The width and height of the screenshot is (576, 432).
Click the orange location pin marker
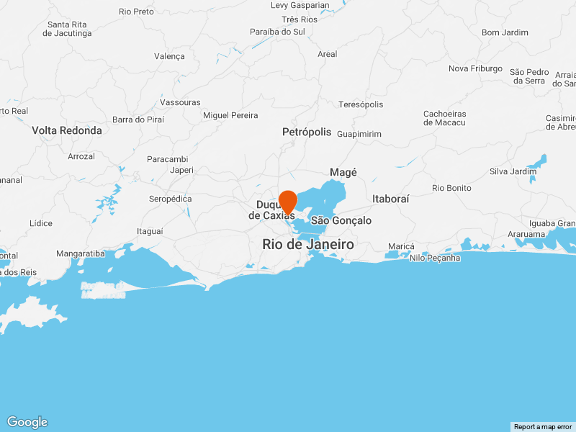tap(288, 202)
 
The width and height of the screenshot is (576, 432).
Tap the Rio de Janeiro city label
tap(308, 245)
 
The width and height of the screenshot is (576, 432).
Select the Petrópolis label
tap(307, 132)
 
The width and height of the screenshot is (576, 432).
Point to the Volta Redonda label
tap(67, 130)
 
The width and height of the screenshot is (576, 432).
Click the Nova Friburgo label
tap(475, 68)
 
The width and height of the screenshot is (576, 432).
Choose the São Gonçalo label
tap(341, 220)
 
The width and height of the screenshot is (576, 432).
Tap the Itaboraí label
tap(391, 198)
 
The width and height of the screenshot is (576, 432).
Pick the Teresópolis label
tap(361, 104)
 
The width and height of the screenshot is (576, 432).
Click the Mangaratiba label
tap(81, 253)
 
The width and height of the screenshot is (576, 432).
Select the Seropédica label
tap(170, 198)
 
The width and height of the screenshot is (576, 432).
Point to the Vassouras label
tap(180, 102)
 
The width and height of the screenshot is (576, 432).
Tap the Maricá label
tap(401, 246)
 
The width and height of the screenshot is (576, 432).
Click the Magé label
tap(343, 172)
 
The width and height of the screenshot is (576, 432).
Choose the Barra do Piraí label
tap(139, 120)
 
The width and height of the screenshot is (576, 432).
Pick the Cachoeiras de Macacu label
tap(444, 118)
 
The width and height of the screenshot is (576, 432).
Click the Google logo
tap(27, 423)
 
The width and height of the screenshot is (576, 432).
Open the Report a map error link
tap(543, 427)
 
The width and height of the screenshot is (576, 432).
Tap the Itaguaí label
tap(150, 231)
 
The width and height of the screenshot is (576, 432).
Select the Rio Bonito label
tap(451, 188)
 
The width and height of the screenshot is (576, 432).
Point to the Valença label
tap(170, 56)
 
